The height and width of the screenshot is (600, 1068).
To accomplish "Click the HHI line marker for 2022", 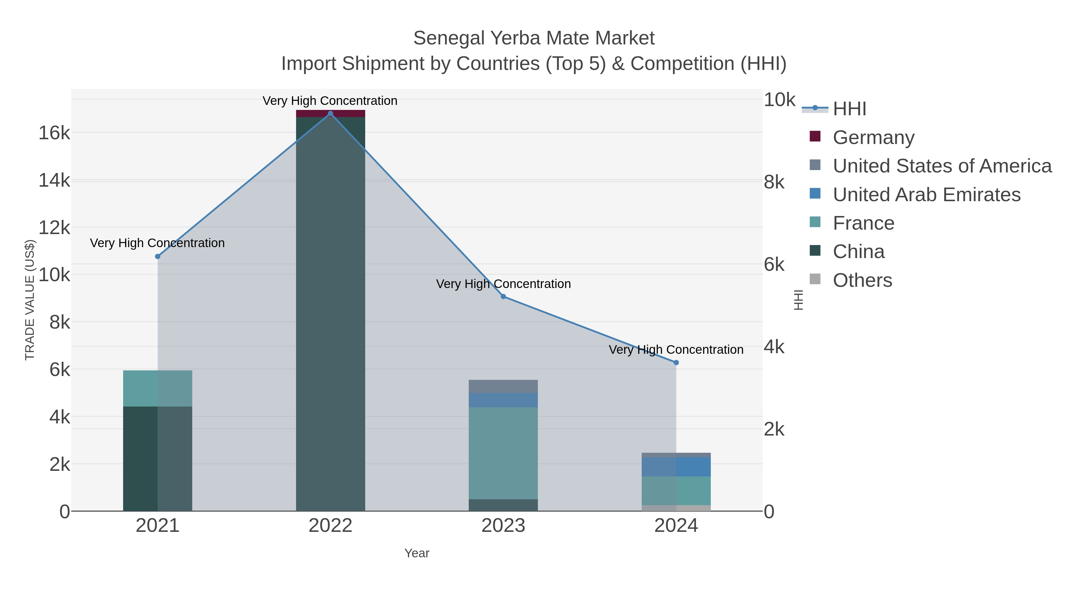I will (330, 113).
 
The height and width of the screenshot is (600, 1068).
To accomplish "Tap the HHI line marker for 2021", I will (158, 256).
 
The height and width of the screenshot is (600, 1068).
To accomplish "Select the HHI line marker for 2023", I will (503, 297).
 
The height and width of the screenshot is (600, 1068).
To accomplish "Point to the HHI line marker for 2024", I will (676, 362).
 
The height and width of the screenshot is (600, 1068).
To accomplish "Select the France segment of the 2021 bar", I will (158, 388).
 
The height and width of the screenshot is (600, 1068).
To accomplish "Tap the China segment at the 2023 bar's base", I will (503, 505).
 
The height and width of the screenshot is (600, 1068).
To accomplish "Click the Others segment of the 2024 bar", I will (676, 508).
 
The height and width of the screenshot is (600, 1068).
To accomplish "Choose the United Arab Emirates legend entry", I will (926, 195).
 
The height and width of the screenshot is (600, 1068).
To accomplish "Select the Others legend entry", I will (862, 280).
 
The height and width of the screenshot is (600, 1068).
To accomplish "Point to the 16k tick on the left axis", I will (54, 133).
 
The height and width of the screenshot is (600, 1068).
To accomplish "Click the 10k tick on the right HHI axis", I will (779, 100).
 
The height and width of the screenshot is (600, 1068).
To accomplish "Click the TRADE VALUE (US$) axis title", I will (30, 300).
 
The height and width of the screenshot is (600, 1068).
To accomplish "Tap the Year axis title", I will (417, 553).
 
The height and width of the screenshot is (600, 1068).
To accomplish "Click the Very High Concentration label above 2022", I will (330, 101).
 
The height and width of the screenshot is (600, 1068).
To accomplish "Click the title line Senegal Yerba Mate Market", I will (534, 38).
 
